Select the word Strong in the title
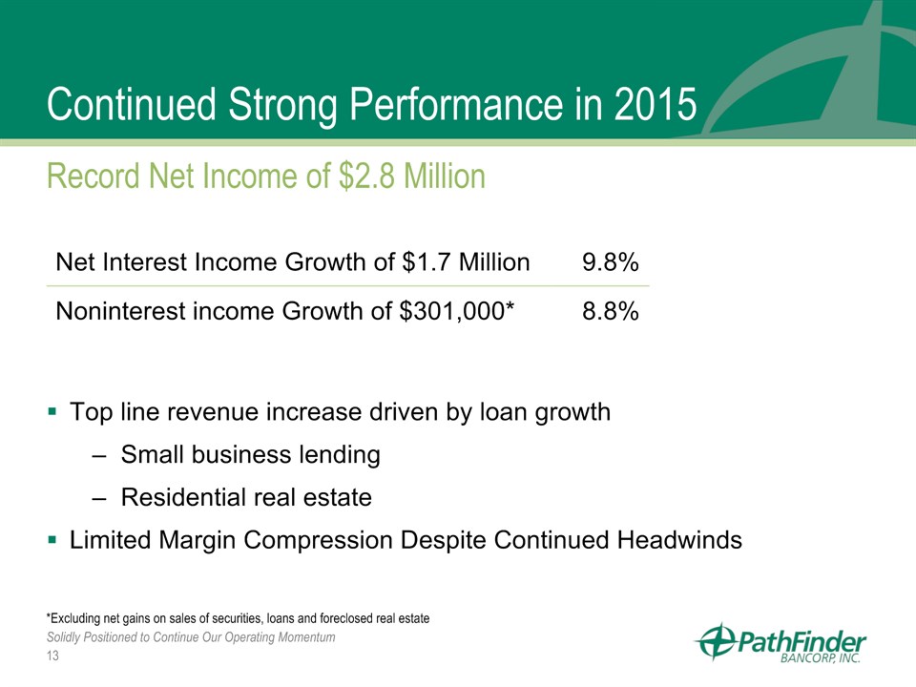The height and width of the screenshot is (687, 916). pyautogui.click(x=282, y=106)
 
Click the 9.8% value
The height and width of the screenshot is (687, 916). pyautogui.click(x=610, y=262)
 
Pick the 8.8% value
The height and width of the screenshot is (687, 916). pyautogui.click(x=610, y=311)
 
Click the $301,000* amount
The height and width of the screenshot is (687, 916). pyautogui.click(x=456, y=311)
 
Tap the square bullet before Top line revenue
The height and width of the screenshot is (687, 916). pyautogui.click(x=52, y=411)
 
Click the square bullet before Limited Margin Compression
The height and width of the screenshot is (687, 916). pyautogui.click(x=52, y=539)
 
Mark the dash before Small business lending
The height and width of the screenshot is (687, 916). pyautogui.click(x=98, y=456)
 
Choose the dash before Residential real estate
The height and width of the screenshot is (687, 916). pyautogui.click(x=98, y=499)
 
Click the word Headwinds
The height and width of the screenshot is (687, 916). pyautogui.click(x=679, y=539)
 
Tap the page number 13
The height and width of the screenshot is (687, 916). pyautogui.click(x=52, y=656)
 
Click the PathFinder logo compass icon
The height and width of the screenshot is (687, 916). pyautogui.click(x=715, y=641)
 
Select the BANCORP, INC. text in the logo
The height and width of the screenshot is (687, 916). pyautogui.click(x=821, y=657)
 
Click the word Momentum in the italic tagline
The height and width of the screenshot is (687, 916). pyautogui.click(x=306, y=636)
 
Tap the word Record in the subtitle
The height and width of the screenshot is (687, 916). pyautogui.click(x=94, y=176)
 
